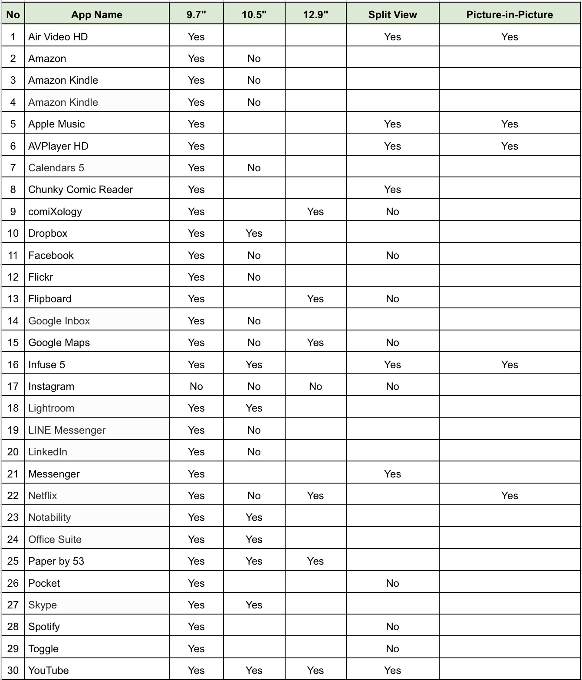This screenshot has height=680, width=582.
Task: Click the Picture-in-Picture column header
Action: (510, 15)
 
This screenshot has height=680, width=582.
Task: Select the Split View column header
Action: (392, 15)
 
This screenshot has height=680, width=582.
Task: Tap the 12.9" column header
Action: (316, 15)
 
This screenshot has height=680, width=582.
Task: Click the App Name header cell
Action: (97, 15)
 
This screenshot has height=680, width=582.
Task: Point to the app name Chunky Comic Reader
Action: (80, 190)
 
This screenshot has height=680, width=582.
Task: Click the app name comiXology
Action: (55, 212)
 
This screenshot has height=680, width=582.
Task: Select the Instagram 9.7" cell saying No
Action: (196, 386)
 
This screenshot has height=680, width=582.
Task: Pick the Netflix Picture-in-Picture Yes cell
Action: (510, 496)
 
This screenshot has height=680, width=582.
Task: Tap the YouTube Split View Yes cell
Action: (392, 670)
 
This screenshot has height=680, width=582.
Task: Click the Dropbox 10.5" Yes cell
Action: (254, 233)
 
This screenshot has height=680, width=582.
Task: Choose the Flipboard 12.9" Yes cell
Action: (316, 299)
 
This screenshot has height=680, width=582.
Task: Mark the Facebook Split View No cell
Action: (392, 255)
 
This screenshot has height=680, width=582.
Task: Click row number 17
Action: (13, 386)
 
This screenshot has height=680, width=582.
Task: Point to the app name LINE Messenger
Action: (67, 430)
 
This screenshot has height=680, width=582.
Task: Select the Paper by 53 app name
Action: (56, 561)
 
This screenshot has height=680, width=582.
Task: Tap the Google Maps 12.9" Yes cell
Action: (316, 343)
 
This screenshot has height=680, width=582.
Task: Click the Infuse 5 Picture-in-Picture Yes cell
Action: (510, 365)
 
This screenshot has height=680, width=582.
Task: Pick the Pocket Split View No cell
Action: (392, 583)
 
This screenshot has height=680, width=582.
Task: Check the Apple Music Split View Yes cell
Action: (392, 124)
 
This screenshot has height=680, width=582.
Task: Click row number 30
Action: (13, 670)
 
